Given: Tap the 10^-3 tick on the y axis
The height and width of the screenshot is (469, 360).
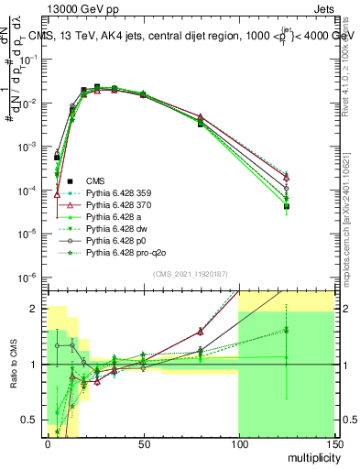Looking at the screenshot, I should point(28,147).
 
